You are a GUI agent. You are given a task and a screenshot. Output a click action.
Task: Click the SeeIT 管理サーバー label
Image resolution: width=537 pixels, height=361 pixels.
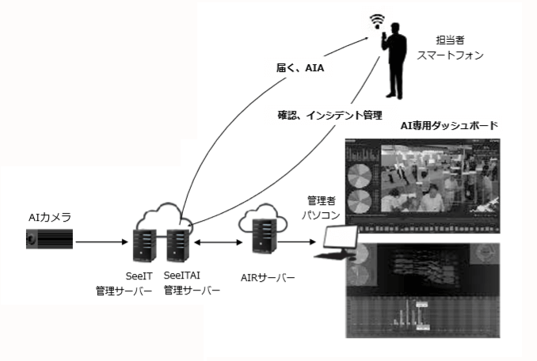click(x=122, y=283)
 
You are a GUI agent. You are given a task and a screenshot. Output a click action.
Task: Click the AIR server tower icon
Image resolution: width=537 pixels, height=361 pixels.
click(x=261, y=235)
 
